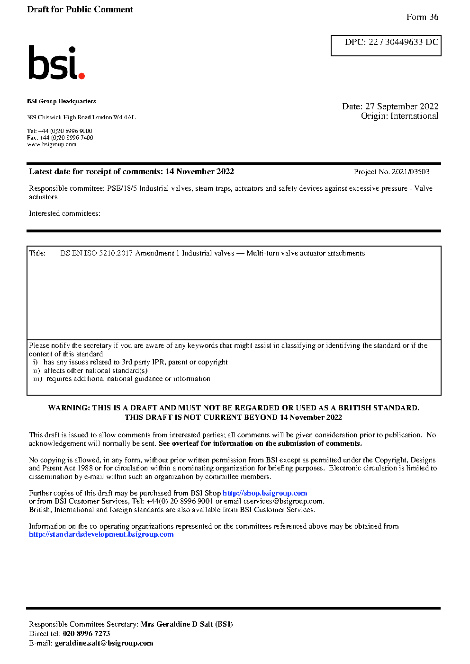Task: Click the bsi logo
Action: coord(56,62)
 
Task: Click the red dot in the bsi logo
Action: coord(81,75)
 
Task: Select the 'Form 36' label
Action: coord(422,17)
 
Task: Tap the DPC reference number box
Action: coord(386,45)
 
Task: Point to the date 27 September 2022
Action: coord(401,106)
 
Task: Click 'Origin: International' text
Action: coord(399,116)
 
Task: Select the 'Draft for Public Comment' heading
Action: coord(80,9)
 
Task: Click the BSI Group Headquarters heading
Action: coord(61,101)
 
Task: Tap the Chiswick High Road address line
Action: coord(81,117)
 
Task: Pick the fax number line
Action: coord(60,138)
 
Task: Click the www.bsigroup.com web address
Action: coord(51,144)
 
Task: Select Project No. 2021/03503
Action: coord(391,172)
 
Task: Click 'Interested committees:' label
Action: coord(64,213)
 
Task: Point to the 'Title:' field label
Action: coord(37,253)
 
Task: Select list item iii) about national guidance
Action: coord(121,379)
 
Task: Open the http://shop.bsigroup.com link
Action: coord(265,493)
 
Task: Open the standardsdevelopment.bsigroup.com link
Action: coord(101,534)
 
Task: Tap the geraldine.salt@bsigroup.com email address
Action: coord(104,643)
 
